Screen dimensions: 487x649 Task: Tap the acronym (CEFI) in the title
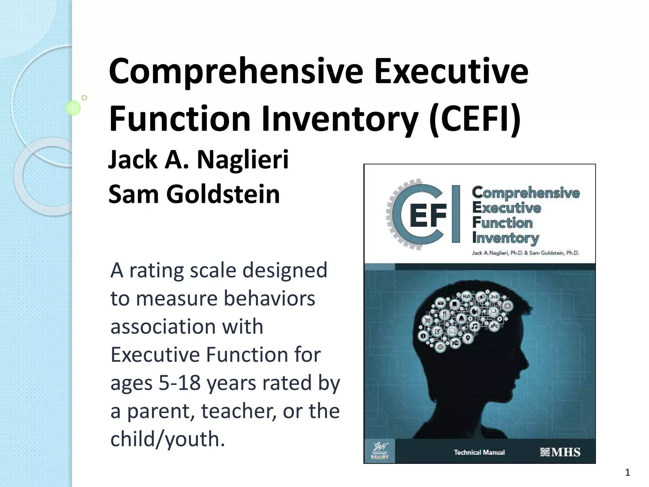click(474, 119)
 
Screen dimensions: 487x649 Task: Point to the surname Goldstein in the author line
click(223, 194)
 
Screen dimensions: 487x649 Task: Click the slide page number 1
click(627, 473)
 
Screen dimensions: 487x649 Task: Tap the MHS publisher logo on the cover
click(560, 452)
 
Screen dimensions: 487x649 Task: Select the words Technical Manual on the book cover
click(479, 452)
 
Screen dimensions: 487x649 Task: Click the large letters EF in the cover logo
click(428, 216)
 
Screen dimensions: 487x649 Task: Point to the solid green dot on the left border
click(73, 108)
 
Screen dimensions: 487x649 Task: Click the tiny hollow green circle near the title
click(84, 98)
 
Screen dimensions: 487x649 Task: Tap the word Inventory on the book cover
click(505, 238)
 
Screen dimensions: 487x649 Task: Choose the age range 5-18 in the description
click(180, 383)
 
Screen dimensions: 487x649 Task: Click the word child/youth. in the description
click(168, 439)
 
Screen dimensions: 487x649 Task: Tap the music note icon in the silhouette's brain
click(474, 326)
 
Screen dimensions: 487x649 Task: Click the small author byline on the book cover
click(525, 253)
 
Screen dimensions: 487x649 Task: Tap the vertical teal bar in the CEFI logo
click(456, 214)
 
